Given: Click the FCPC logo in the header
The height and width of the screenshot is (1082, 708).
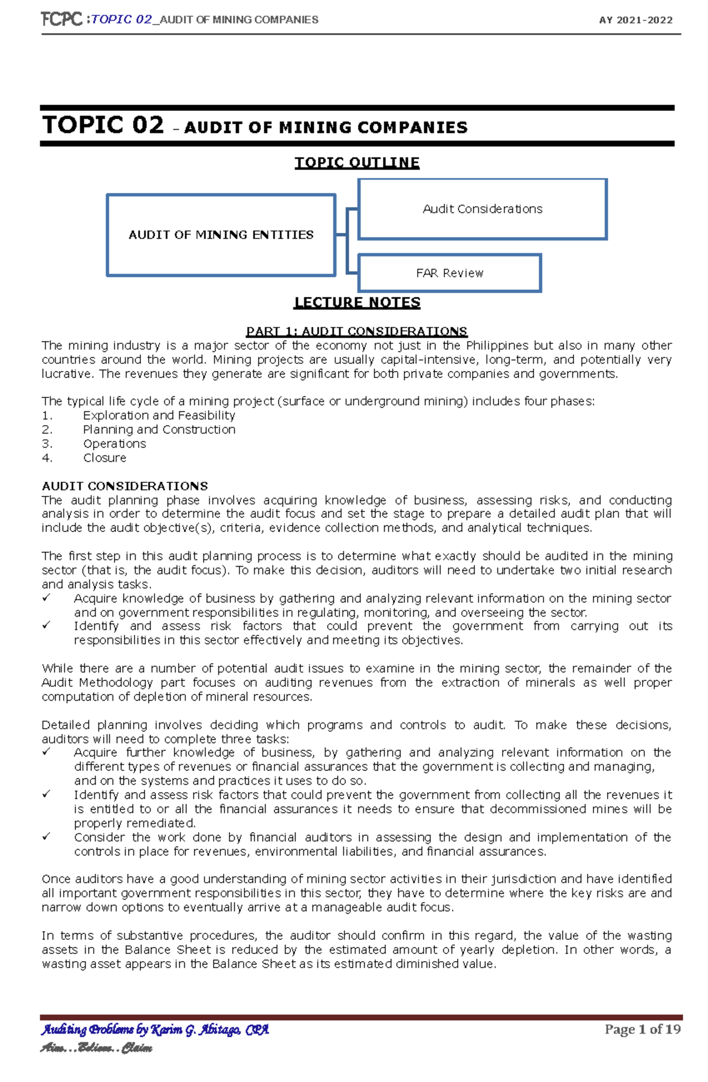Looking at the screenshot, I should pos(61,19).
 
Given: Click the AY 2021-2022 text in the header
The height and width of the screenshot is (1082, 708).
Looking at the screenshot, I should pos(635,20).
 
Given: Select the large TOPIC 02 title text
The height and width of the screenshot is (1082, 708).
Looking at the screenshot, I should pos(103,125).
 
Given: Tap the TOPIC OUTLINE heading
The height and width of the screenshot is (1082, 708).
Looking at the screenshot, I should pos(357,163).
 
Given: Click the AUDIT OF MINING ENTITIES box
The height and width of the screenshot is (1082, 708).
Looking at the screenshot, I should pos(221,235).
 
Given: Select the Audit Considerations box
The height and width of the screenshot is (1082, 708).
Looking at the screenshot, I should pos(483,209).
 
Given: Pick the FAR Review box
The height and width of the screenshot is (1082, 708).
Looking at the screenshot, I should pos(450,273).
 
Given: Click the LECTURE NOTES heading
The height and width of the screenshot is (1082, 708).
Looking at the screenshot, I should pos(357,302).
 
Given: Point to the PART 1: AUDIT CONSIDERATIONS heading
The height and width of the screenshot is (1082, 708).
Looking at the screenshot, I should pos(356,331).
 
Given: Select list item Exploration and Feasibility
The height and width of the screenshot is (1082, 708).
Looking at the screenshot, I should pos(159,415).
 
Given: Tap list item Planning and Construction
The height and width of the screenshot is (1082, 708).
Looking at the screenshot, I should pos(159,429).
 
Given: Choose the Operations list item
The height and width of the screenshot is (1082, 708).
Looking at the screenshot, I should pos(114,443).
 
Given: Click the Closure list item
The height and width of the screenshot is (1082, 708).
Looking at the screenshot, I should pos(104,458).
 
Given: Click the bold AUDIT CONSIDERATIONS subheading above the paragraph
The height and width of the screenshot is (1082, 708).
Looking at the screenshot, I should pos(124,486).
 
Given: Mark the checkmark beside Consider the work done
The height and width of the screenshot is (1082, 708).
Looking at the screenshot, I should pos(47,836).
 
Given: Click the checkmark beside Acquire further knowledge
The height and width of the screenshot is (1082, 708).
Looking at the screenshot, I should pos(47,752).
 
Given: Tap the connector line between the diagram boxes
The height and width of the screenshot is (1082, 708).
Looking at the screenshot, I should pos(347,235).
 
